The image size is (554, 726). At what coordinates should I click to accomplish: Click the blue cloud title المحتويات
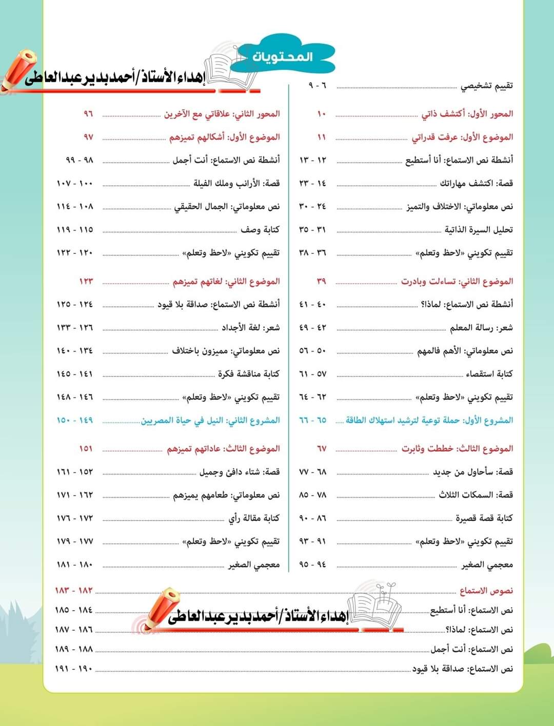[283, 56]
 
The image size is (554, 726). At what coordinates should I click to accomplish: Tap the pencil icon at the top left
[19, 69]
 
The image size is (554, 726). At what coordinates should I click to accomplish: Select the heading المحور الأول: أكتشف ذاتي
[467, 114]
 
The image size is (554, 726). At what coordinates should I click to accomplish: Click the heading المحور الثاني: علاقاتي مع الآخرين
[222, 114]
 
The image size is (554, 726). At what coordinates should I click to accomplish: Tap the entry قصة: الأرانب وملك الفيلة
[236, 183]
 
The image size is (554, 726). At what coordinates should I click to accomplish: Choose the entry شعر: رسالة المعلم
[481, 327]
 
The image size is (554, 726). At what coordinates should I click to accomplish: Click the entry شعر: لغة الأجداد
[250, 327]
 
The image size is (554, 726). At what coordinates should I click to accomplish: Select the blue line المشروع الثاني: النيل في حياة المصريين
[210, 420]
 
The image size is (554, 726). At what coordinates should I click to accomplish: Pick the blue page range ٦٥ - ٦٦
[312, 420]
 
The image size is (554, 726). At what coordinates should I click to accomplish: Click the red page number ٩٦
[88, 114]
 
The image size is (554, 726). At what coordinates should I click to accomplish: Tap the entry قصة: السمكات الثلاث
[476, 495]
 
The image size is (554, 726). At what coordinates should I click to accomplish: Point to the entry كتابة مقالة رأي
[254, 518]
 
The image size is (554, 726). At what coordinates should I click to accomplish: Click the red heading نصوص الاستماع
[486, 591]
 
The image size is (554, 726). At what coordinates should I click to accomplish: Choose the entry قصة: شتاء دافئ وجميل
[240, 472]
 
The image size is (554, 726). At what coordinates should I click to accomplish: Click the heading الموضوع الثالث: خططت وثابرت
[457, 448]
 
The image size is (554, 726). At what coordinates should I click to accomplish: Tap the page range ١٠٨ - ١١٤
[75, 206]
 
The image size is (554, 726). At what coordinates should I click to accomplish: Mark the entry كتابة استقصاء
[489, 374]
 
